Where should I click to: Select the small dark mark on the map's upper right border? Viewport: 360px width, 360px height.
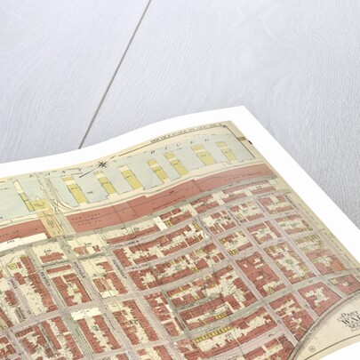252,141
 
